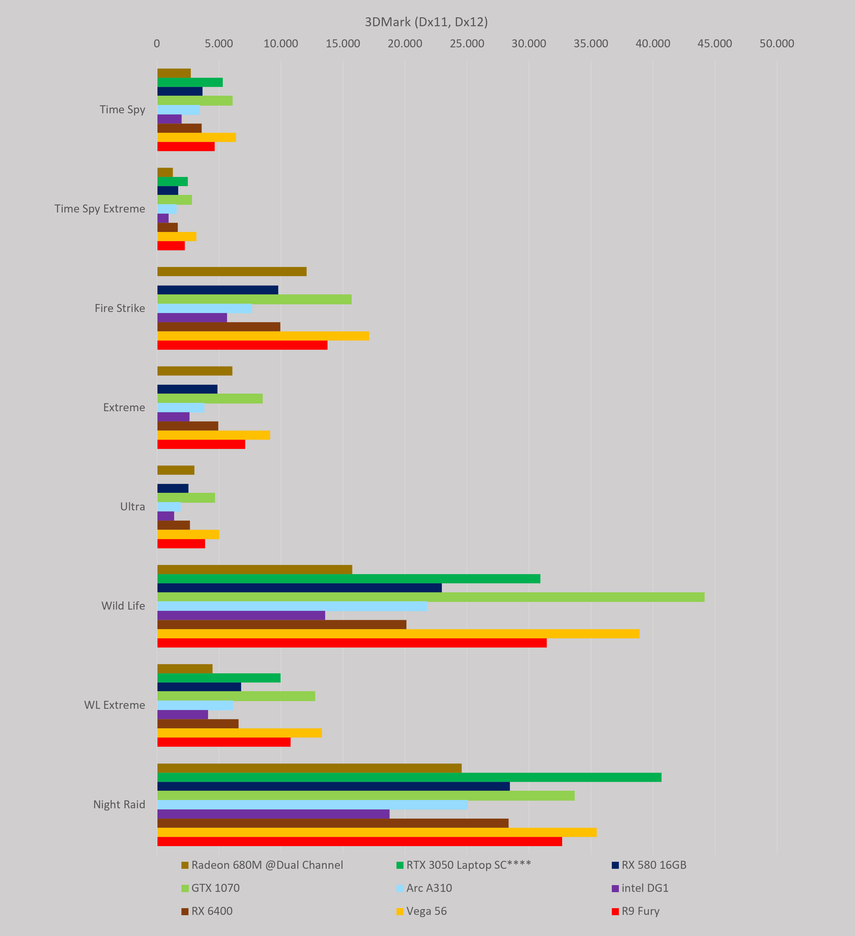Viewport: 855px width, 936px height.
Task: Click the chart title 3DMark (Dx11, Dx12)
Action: pyautogui.click(x=426, y=22)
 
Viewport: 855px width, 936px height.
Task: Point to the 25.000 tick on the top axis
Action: pyautogui.click(x=467, y=44)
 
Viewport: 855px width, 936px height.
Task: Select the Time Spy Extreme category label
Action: pyautogui.click(x=100, y=209)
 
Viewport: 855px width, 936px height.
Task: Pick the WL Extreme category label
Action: pyautogui.click(x=115, y=705)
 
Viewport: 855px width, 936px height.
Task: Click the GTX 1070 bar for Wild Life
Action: pyautogui.click(x=430, y=597)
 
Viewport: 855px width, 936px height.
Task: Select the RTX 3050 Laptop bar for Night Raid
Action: pyautogui.click(x=409, y=777)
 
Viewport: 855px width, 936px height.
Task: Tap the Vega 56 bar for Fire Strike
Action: pyautogui.click(x=263, y=336)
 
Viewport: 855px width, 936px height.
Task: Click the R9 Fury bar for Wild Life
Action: pyautogui.click(x=352, y=643)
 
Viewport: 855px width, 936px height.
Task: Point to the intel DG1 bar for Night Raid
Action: pyautogui.click(x=273, y=814)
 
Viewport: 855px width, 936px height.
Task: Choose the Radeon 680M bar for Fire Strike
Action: pyautogui.click(x=232, y=272)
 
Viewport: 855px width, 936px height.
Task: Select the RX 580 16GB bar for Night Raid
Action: pyautogui.click(x=333, y=787)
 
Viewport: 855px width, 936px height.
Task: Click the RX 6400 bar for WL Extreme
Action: pyautogui.click(x=198, y=724)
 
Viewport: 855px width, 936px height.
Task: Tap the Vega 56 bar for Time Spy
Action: pyautogui.click(x=196, y=137)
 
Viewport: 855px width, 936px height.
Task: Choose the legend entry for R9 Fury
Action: pyautogui.click(x=635, y=911)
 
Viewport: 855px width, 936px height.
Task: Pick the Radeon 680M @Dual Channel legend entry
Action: pyautogui.click(x=262, y=865)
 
